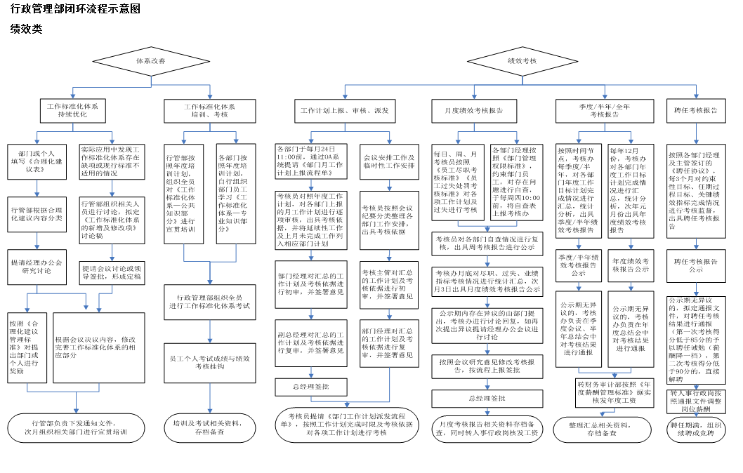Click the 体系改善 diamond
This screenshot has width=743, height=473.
click(x=151, y=62)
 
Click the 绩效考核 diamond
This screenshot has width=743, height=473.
click(x=522, y=62)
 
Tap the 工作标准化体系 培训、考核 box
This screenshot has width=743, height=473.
click(x=210, y=110)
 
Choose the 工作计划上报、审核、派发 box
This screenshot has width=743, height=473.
click(x=344, y=111)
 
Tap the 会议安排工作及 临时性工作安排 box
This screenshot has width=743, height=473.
click(x=388, y=161)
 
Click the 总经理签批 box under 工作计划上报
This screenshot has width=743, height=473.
click(x=310, y=387)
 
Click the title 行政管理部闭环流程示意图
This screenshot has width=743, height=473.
click(x=76, y=9)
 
